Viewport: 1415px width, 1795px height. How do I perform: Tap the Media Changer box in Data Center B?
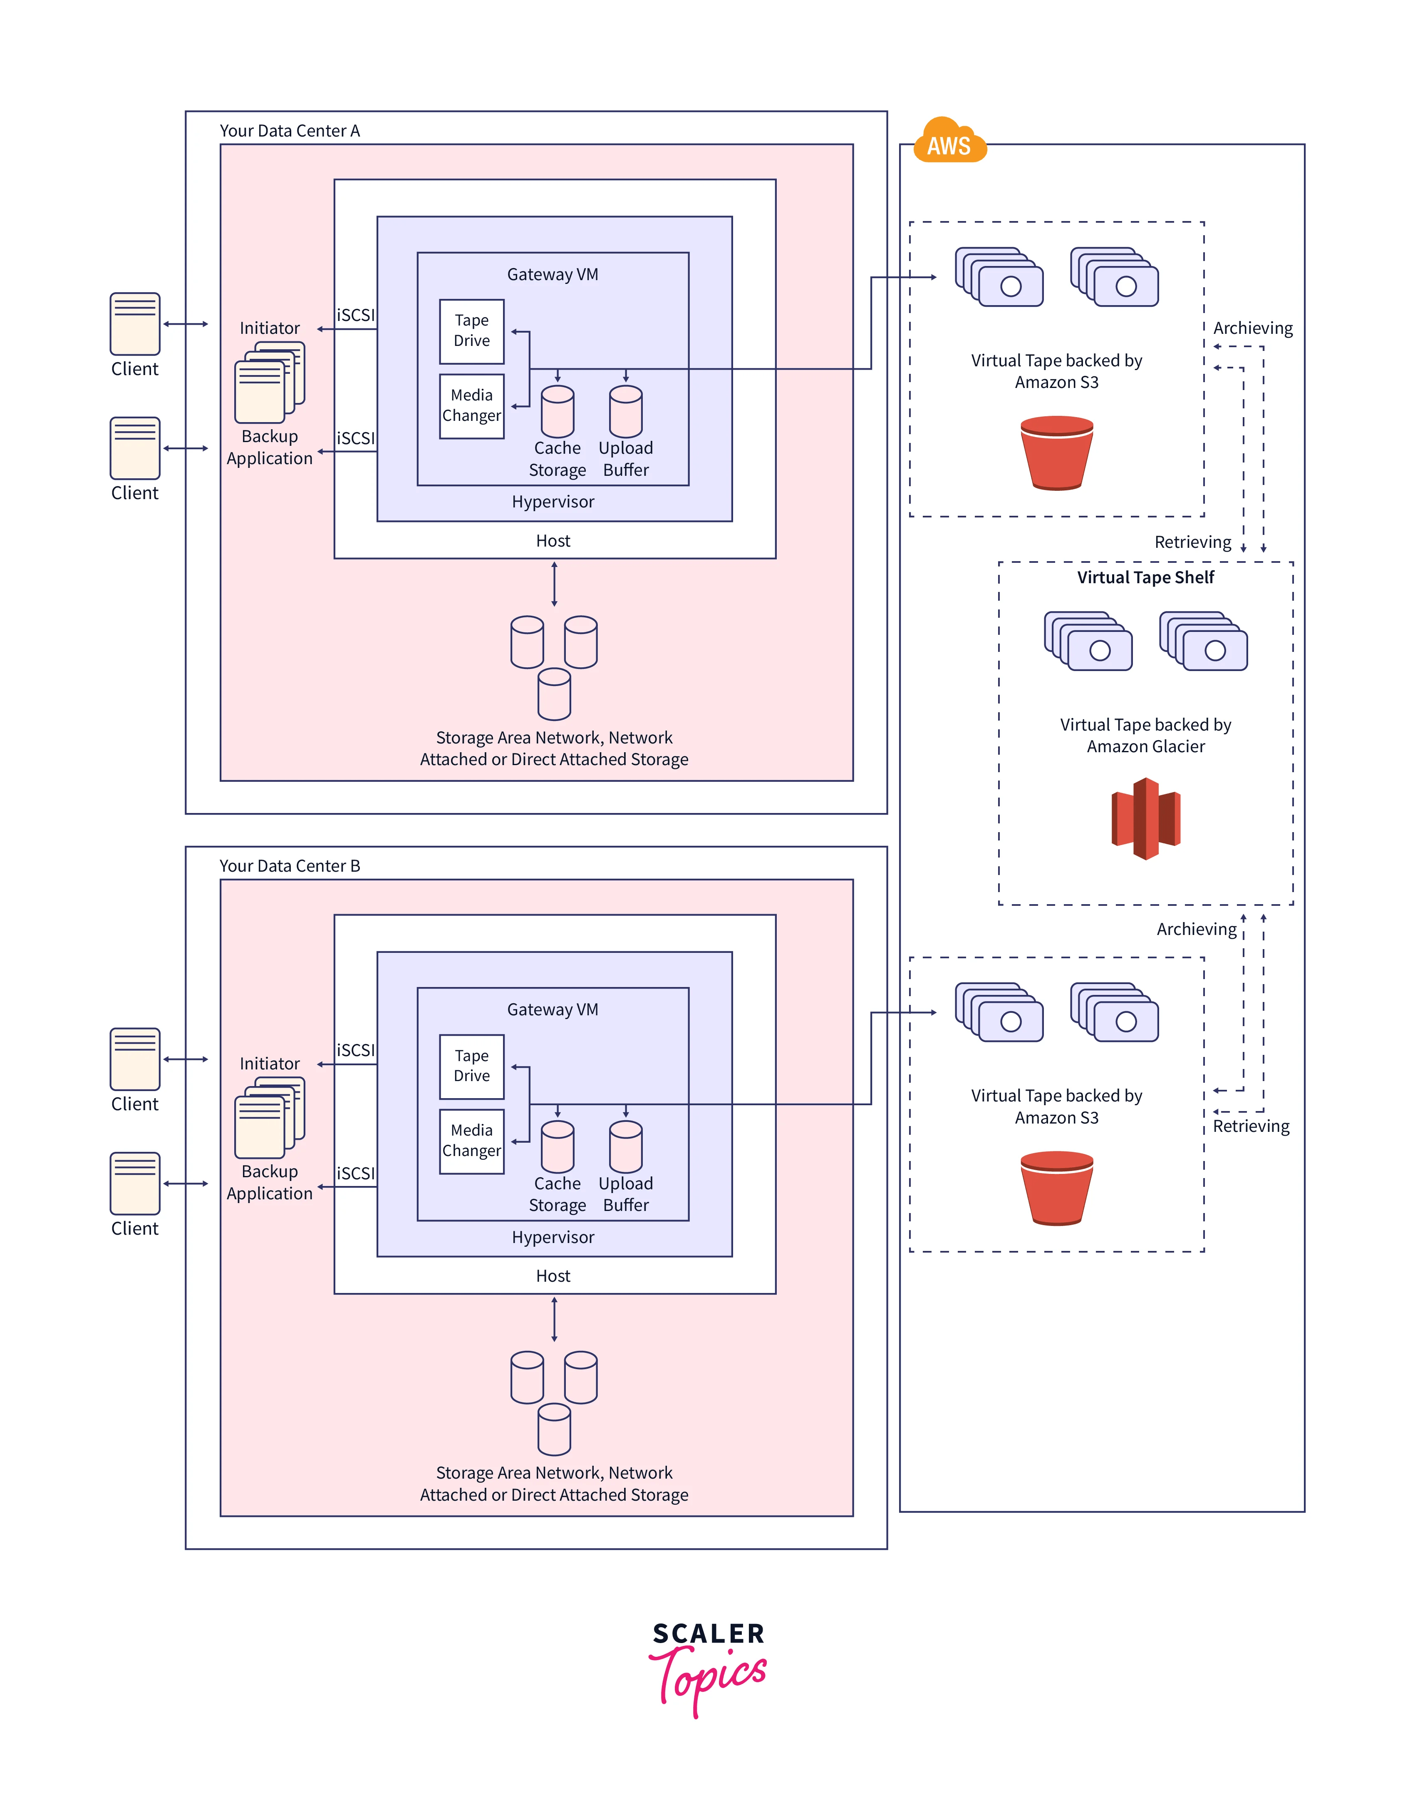point(471,1141)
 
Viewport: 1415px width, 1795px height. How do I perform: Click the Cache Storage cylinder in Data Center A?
point(558,412)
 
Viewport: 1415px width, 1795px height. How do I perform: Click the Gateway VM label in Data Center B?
point(553,1009)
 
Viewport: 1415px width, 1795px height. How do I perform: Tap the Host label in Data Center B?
point(553,1276)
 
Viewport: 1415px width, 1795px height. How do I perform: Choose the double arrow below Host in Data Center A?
point(554,584)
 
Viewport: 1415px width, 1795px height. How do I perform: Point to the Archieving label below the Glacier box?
point(1196,929)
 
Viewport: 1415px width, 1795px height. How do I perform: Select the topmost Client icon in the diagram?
point(135,324)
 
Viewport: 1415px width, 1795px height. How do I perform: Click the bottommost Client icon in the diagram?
point(135,1183)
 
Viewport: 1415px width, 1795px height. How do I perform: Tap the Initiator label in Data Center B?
point(269,1063)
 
